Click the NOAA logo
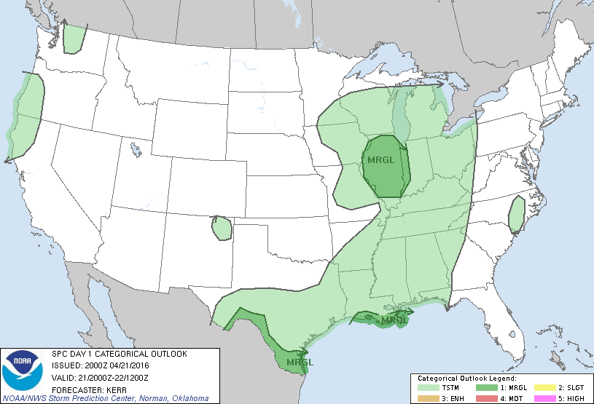click(x=23, y=370)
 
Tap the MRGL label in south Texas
click(x=300, y=362)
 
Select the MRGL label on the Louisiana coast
click(x=395, y=320)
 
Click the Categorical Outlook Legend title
click(x=467, y=379)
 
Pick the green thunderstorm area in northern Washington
click(x=74, y=39)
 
